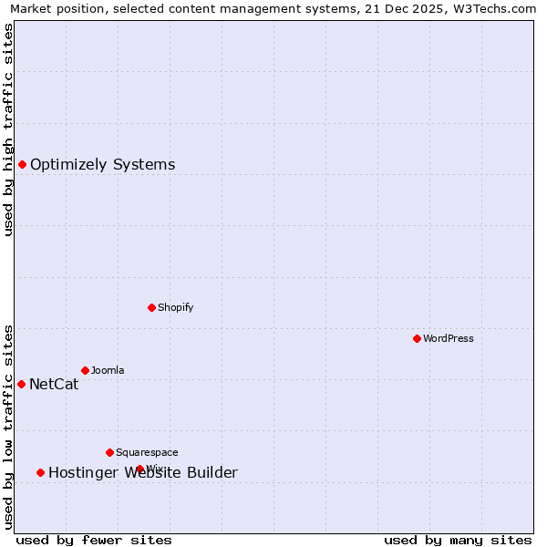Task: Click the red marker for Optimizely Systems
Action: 22,164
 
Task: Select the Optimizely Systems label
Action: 102,165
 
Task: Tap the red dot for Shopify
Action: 151,307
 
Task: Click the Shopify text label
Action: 175,308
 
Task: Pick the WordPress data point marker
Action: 417,338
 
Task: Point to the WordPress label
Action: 448,339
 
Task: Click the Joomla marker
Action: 85,370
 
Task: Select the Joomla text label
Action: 108,371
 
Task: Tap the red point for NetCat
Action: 21,384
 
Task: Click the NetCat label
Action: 54,385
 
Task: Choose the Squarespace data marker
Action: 109,452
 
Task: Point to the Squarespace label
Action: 147,453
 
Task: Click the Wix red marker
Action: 140,469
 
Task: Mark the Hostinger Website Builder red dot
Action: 40,472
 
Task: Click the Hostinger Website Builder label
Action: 142,472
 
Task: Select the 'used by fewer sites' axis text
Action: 94,540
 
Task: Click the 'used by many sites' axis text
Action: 458,540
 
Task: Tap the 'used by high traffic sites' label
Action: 9,129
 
